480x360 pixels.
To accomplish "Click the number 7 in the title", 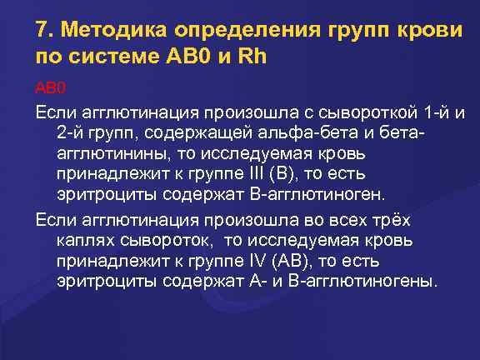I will [42, 31].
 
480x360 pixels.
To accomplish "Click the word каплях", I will [85, 240].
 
